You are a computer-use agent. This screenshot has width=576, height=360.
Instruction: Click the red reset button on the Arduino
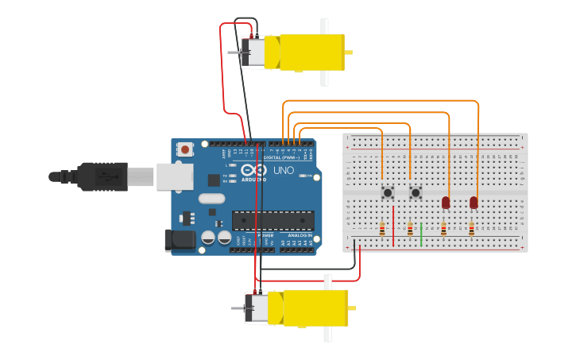(185, 149)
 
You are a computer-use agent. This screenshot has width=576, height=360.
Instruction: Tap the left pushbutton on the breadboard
(387, 192)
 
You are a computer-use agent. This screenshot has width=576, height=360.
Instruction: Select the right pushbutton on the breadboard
(415, 192)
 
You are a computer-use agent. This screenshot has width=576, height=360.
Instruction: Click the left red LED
(446, 203)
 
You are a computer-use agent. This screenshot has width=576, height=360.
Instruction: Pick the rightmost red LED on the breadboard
(474, 203)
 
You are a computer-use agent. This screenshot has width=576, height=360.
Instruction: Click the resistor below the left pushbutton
(382, 230)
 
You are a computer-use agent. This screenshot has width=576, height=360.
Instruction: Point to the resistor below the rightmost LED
(471, 230)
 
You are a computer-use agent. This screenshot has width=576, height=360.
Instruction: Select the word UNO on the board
(284, 170)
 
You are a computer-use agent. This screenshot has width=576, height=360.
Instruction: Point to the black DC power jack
(178, 241)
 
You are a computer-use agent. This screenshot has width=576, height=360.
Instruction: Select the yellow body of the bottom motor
(315, 308)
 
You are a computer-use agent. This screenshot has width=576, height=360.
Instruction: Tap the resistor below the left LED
(443, 230)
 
